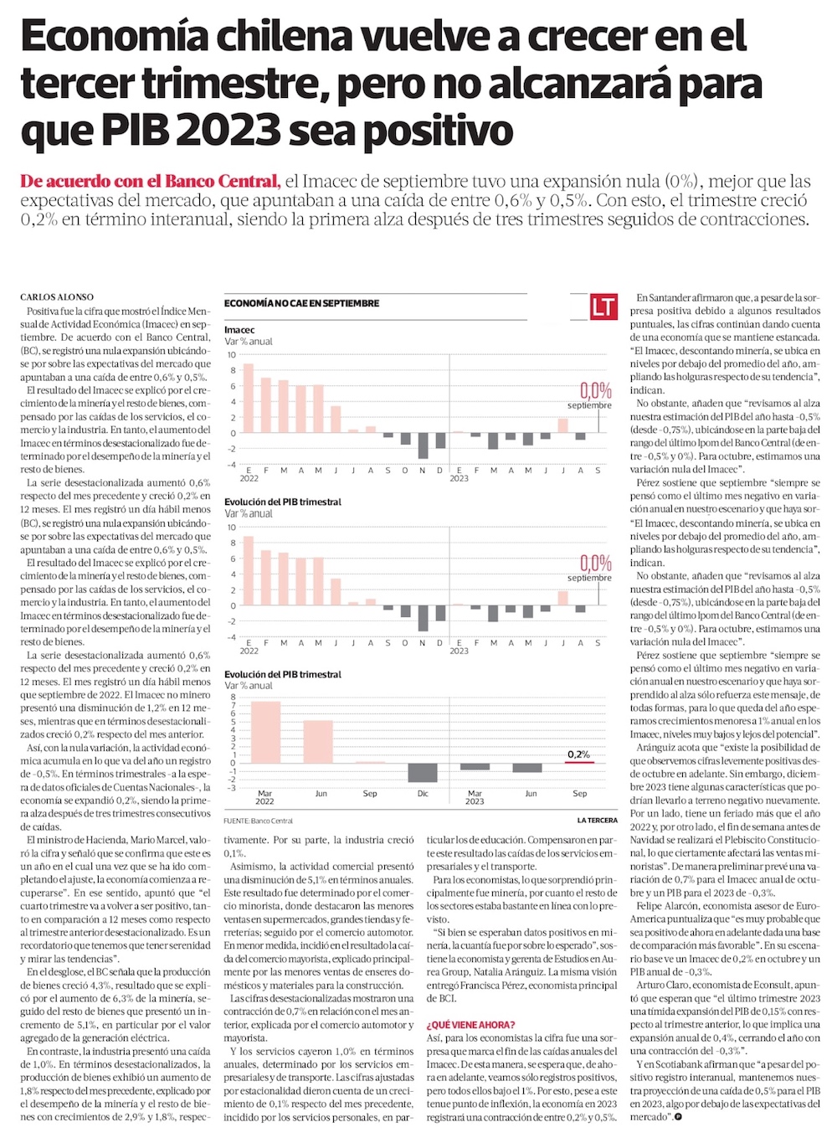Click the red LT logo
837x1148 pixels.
point(603,306)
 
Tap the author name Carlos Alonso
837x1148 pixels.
point(57,297)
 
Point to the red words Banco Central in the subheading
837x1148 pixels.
point(221,181)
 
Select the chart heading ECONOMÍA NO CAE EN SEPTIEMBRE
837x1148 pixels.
point(301,303)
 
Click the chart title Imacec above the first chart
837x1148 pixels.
point(239,330)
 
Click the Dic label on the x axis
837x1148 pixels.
point(423,794)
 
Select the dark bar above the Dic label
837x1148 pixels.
point(423,772)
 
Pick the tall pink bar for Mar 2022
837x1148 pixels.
point(266,732)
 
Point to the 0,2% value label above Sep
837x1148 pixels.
point(578,754)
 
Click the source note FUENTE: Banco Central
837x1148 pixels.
point(259,821)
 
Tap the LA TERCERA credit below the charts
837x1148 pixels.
point(597,821)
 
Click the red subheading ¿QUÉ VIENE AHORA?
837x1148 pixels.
point(470,1025)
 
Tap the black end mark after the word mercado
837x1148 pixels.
point(679,1118)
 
